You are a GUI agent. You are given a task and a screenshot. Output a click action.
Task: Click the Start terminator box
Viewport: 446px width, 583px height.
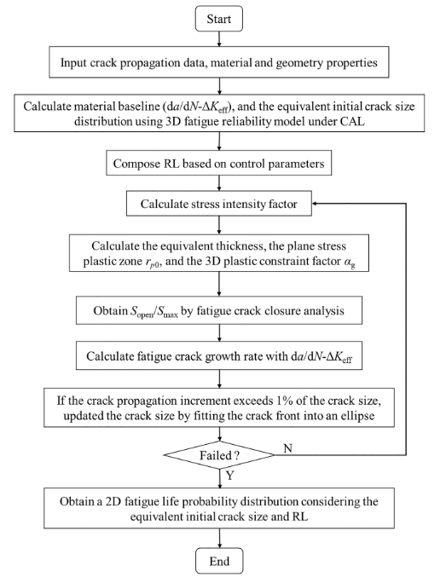pos(218,19)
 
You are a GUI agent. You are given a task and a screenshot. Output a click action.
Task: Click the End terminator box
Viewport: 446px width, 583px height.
pos(219,561)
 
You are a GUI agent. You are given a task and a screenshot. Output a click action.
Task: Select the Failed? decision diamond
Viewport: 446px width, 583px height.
pos(219,455)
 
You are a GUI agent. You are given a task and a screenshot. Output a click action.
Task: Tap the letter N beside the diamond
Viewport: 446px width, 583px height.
pos(287,448)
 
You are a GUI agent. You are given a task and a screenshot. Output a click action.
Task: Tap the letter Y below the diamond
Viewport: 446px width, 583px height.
pos(229,475)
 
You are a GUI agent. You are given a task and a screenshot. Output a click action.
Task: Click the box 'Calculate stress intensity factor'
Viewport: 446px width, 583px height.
pos(218,204)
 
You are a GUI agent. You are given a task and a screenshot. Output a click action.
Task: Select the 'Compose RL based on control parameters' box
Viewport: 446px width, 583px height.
pos(218,164)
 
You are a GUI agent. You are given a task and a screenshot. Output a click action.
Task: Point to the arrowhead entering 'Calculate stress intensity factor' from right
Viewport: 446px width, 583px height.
pos(315,204)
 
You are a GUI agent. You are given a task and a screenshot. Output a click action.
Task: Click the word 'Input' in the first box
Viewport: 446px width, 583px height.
pos(72,62)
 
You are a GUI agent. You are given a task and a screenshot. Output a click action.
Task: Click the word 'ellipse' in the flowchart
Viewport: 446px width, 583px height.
pos(357,415)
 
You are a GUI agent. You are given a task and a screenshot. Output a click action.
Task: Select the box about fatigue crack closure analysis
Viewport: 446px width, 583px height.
pos(218,310)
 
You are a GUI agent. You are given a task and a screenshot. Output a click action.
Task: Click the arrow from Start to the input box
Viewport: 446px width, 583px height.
pos(219,39)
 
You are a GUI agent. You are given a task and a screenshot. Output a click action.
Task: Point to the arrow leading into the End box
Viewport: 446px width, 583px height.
pos(219,538)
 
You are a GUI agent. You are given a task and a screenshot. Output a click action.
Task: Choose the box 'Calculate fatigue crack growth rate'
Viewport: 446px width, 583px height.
pos(218,355)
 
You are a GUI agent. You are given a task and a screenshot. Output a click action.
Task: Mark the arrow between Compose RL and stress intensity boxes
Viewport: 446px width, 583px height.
pos(219,183)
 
